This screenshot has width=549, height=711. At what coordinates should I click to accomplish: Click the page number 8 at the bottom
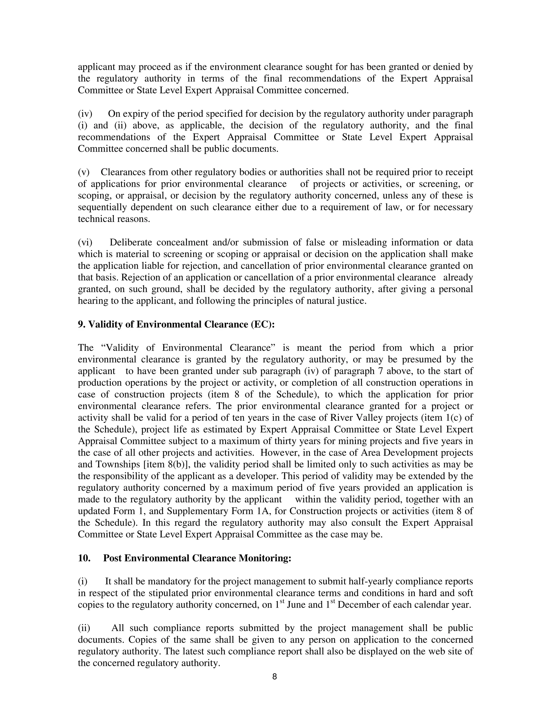(274, 677)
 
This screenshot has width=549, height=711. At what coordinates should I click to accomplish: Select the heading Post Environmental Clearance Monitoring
(197, 558)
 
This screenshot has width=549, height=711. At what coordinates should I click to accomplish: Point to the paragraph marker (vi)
(85, 242)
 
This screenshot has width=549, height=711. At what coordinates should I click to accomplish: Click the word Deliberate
(131, 242)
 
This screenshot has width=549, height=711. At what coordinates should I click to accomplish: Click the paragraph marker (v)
(84, 172)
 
